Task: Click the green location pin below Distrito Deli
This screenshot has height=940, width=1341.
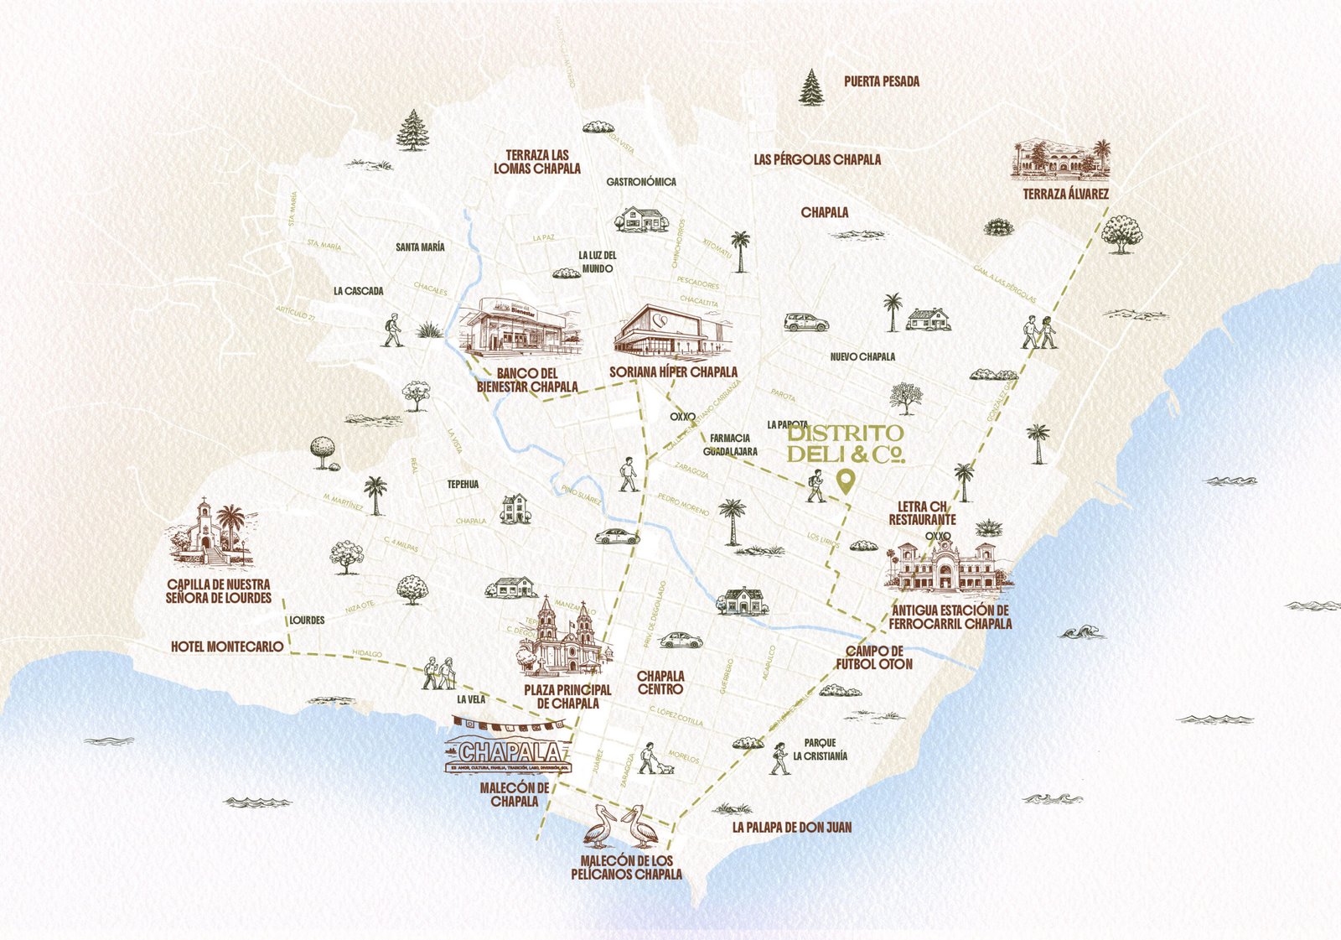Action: pyautogui.click(x=846, y=481)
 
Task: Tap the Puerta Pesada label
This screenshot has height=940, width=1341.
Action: pyautogui.click(x=882, y=81)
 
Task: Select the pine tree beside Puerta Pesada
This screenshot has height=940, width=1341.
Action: pyautogui.click(x=811, y=88)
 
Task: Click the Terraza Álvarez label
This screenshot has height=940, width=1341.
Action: pyautogui.click(x=1065, y=194)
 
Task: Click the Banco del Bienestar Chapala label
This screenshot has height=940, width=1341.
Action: pyautogui.click(x=527, y=380)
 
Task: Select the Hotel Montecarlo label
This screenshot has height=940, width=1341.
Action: pyautogui.click(x=227, y=647)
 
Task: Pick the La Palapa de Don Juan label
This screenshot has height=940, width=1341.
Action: pyautogui.click(x=791, y=827)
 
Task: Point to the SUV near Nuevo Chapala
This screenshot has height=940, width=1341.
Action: pyautogui.click(x=806, y=322)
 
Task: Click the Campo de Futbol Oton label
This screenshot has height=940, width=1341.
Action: pyautogui.click(x=873, y=657)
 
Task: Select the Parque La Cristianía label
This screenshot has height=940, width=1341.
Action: pyautogui.click(x=820, y=749)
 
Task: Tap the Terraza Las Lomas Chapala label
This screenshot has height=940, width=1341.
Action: pyautogui.click(x=536, y=161)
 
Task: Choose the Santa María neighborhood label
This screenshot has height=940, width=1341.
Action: pyautogui.click(x=420, y=247)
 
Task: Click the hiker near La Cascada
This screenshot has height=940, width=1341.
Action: pyautogui.click(x=392, y=330)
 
